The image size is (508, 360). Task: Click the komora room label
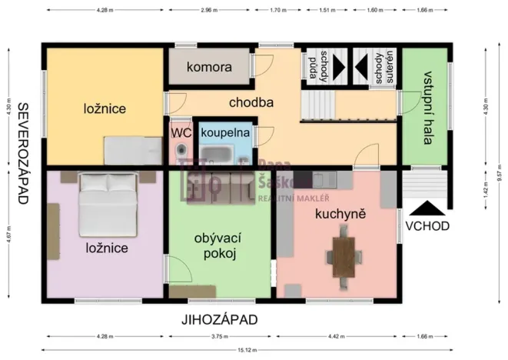click(208, 67)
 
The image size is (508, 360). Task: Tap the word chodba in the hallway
click(251, 101)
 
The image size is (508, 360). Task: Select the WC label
click(180, 132)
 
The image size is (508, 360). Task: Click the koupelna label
click(224, 132)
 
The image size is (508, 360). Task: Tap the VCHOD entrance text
click(430, 226)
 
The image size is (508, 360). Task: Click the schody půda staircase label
click(319, 68)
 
